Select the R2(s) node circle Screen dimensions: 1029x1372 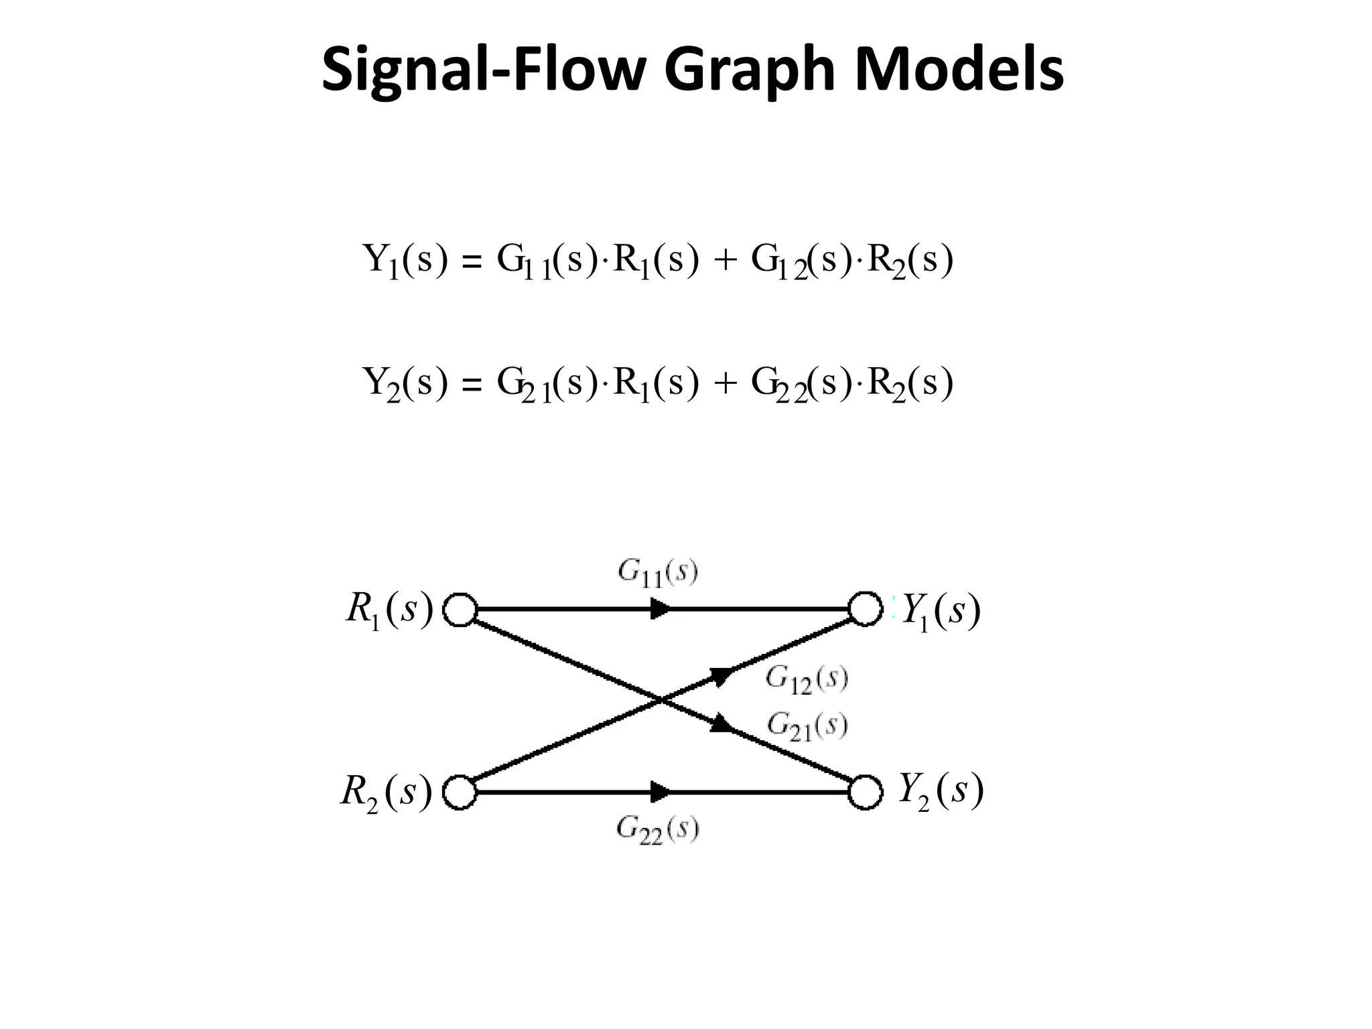(x=460, y=793)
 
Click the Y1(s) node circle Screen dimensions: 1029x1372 (x=866, y=609)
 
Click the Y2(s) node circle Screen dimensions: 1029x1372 (x=866, y=793)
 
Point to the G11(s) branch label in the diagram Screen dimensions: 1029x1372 (x=657, y=573)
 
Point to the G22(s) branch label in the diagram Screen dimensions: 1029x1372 (x=657, y=831)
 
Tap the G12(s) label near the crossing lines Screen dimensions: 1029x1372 (x=807, y=680)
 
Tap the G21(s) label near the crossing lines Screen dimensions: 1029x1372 (x=807, y=726)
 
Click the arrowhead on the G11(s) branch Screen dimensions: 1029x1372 (x=661, y=610)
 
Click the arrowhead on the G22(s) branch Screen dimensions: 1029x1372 (x=661, y=793)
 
